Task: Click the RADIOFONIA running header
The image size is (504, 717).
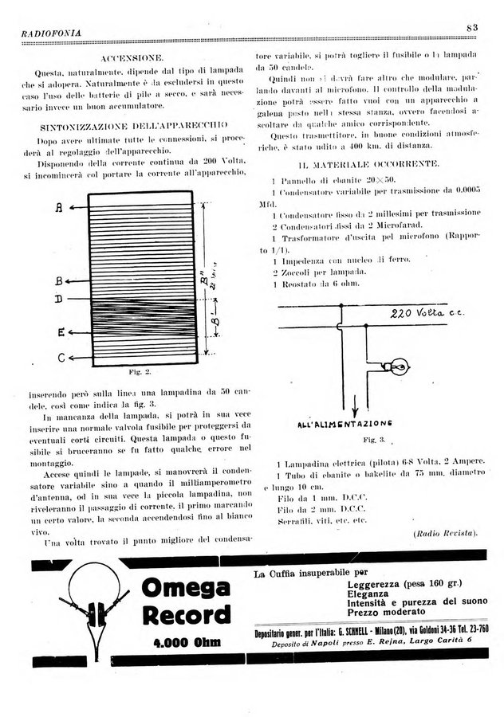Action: pyautogui.click(x=49, y=32)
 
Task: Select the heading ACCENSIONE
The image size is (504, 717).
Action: pyautogui.click(x=133, y=59)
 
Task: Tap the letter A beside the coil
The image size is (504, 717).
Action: pyautogui.click(x=60, y=208)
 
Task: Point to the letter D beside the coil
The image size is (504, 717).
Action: pyautogui.click(x=60, y=300)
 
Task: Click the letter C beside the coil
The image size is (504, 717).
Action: pyautogui.click(x=61, y=358)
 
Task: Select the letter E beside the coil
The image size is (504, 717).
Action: pyautogui.click(x=61, y=332)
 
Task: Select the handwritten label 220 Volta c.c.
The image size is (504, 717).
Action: pyautogui.click(x=425, y=313)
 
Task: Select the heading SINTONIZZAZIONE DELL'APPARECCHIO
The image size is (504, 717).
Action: pyautogui.click(x=133, y=126)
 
